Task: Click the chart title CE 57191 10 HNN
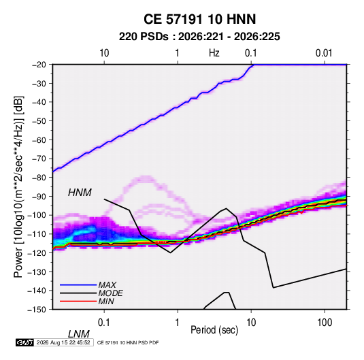coord(199,19)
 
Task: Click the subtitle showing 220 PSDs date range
coord(199,37)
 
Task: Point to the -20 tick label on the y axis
coord(39,65)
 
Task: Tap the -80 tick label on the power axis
coord(39,178)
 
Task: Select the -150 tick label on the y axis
coord(37,310)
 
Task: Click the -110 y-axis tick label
coord(37,234)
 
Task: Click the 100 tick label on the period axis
coord(325,323)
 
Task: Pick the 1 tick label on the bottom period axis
coord(178,323)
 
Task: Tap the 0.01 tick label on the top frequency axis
coord(324,53)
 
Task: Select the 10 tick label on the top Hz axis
coord(104,53)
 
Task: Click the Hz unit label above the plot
coord(214,53)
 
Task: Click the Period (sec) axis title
coord(214,330)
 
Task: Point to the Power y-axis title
coord(18,187)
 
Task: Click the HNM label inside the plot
coord(80,193)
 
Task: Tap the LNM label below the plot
coord(79,334)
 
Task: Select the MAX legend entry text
coord(107,285)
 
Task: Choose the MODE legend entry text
coord(110,293)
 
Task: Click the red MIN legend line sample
coord(78,301)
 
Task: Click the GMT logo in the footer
coord(25,342)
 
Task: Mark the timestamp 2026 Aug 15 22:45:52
coord(63,342)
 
